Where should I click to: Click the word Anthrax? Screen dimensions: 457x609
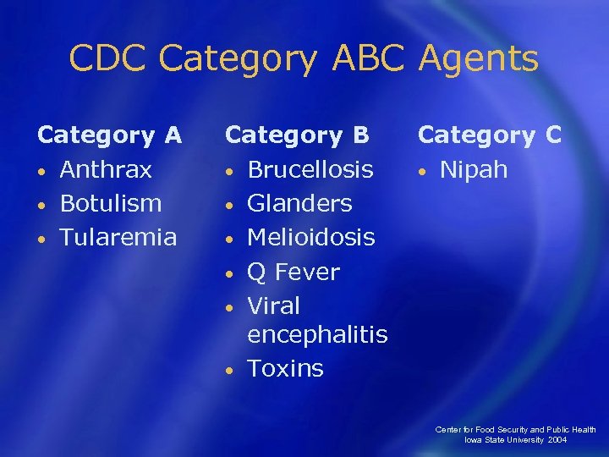click(x=106, y=170)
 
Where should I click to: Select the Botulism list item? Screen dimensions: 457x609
click(x=110, y=204)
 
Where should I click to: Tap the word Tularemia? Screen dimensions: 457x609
click(x=118, y=238)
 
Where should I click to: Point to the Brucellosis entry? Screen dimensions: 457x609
click(x=310, y=170)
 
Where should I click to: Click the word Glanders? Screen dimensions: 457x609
click(x=299, y=204)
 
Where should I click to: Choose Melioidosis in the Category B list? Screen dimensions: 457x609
click(x=310, y=238)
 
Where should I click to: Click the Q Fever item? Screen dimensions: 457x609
click(x=293, y=273)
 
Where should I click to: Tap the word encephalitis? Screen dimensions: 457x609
click(x=317, y=335)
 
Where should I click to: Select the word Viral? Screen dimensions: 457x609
click(x=273, y=306)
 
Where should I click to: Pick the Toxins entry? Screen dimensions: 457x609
click(x=285, y=369)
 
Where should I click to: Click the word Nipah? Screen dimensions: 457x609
click(x=474, y=170)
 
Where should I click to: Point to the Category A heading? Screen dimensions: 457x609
click(x=109, y=135)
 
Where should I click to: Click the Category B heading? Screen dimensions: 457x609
click(x=297, y=135)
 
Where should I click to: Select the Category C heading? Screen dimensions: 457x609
click(x=490, y=135)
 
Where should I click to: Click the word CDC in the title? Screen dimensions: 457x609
click(x=108, y=59)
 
